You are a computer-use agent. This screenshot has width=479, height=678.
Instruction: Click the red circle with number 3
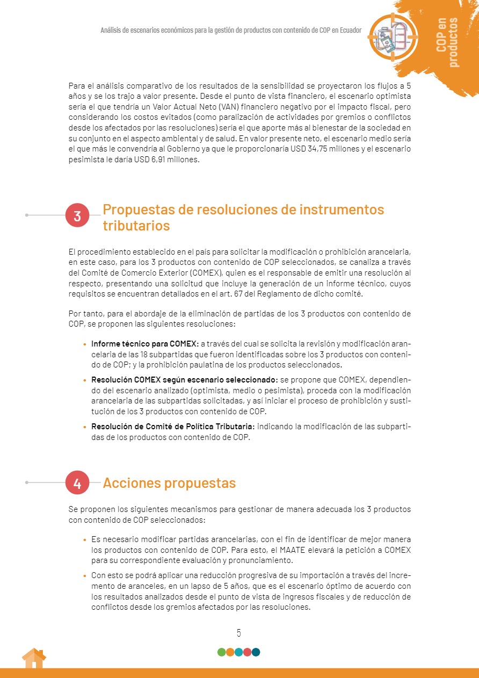pos(77,215)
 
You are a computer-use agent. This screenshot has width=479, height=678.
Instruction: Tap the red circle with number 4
pos(77,483)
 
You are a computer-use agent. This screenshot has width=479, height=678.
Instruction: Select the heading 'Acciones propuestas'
pos(169,483)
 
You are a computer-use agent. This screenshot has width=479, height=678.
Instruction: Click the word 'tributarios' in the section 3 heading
pos(136,226)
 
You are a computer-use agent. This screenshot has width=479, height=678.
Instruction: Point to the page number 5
pos(239,633)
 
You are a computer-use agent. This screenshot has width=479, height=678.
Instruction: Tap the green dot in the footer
pos(221,652)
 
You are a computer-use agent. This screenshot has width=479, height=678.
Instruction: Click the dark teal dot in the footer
pos(256,652)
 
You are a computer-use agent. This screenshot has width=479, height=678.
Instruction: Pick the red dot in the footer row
pos(248,652)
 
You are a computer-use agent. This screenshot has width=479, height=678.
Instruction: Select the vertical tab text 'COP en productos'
pos(448,42)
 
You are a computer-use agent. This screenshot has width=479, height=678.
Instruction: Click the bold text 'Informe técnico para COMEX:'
pos(145,343)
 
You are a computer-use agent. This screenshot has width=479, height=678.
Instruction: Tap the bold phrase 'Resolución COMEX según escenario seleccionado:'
pos(184,380)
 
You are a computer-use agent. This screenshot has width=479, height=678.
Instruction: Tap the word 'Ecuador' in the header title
pos(348,31)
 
